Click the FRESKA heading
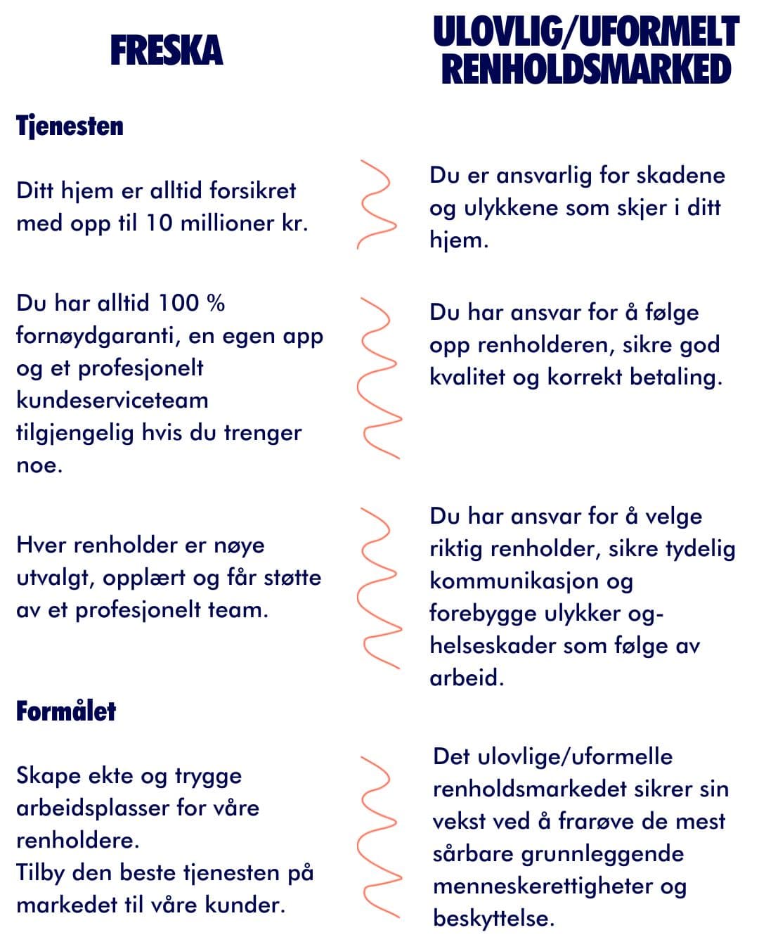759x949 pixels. click(x=167, y=51)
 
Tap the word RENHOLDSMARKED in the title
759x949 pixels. click(x=586, y=70)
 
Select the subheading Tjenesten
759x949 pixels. click(x=70, y=127)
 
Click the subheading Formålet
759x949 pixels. click(x=66, y=711)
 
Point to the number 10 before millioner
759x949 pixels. click(x=159, y=223)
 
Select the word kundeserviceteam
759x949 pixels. click(x=112, y=400)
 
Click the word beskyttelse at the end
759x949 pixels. click(x=493, y=918)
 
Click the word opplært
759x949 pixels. click(x=147, y=578)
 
